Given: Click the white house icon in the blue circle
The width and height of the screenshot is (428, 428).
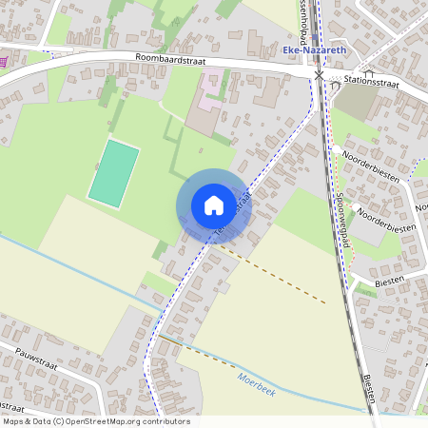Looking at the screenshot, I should [x=214, y=204].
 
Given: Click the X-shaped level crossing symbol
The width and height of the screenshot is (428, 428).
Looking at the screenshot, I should [x=320, y=74].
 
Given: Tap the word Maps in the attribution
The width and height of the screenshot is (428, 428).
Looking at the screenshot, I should [x=12, y=421].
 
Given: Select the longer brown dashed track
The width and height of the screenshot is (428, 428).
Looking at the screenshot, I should [x=276, y=276].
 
